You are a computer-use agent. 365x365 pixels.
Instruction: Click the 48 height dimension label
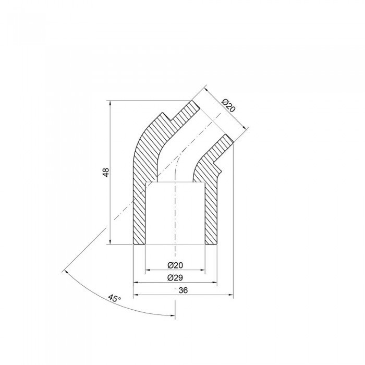pyautogui.click(x=106, y=172)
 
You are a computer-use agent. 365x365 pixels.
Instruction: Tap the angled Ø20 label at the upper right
pyautogui.click(x=228, y=106)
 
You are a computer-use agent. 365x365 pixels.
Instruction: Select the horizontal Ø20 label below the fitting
pyautogui.click(x=175, y=265)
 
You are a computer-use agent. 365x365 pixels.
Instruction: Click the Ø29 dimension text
pyautogui.click(x=175, y=277)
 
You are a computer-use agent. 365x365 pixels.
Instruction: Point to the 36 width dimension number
pyautogui.click(x=183, y=291)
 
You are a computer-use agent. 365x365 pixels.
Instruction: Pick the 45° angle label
pyautogui.click(x=114, y=299)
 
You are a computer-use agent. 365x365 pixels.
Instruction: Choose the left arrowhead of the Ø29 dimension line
pyautogui.click(x=137, y=283)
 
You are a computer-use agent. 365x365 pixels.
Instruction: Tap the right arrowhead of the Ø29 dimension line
pyautogui.click(x=213, y=283)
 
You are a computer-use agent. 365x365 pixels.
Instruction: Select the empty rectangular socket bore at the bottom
pyautogui.click(x=175, y=214)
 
